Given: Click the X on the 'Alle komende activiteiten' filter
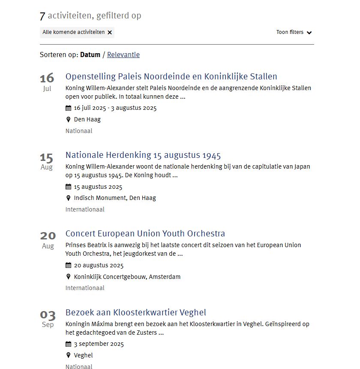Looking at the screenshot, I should point(110,32).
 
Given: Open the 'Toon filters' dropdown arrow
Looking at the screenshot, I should point(309,33).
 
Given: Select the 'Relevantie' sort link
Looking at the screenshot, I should point(123,54).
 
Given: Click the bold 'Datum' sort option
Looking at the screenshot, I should point(90,54).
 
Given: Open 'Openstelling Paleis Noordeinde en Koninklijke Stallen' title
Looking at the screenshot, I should point(171,77).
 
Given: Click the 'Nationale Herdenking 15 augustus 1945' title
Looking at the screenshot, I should point(143,155).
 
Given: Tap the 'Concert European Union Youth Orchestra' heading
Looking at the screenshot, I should point(145,234).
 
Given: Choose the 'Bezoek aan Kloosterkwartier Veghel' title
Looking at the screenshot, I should point(136,312).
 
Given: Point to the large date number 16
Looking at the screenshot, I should point(47,78).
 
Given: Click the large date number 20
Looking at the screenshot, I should point(48,236).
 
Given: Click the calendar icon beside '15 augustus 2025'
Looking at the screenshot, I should point(68,187).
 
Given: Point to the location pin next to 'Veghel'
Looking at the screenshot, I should point(68,355).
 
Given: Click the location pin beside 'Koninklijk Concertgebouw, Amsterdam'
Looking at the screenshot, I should point(68,277).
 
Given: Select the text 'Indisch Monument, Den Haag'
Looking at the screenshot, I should point(115,198).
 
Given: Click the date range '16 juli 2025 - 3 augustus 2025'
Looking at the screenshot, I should point(115,108).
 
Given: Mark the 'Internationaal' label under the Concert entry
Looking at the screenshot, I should point(85,288).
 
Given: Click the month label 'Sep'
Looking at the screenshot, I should point(48,325).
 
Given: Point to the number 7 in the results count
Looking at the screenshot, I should point(42,16).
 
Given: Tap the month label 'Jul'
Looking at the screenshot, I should point(47,89).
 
